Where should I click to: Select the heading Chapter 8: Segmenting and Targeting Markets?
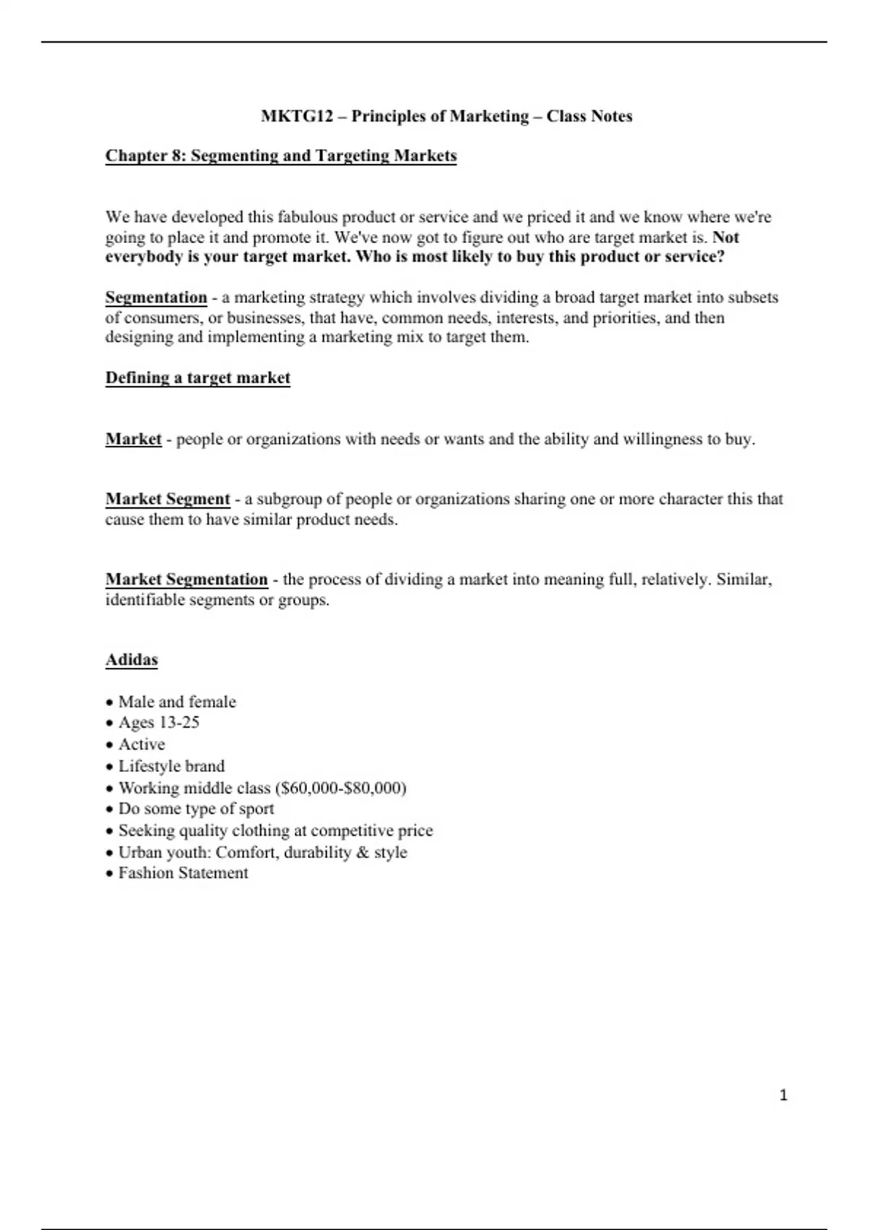click(x=281, y=156)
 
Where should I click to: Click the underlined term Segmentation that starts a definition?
click(x=156, y=297)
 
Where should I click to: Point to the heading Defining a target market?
click(x=198, y=378)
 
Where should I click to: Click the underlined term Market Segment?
click(x=167, y=499)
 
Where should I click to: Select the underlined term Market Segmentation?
click(x=187, y=580)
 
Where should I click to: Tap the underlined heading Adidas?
click(x=132, y=660)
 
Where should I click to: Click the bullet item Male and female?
click(x=177, y=702)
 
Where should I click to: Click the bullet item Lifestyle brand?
click(x=172, y=765)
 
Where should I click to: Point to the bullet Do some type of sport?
click(x=196, y=809)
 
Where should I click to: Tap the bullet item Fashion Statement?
click(x=183, y=873)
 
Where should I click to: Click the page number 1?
click(x=783, y=1095)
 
